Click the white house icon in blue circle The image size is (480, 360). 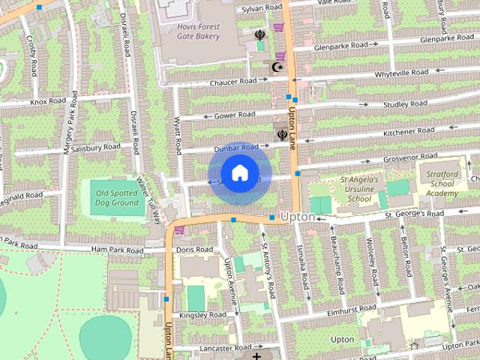[239, 173]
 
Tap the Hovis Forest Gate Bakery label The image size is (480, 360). [187, 31]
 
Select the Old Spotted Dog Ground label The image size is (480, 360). [117, 198]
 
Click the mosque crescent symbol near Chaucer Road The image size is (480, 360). [277, 67]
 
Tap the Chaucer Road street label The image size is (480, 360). [234, 82]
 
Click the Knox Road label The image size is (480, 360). [49, 101]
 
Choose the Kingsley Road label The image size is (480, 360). [203, 316]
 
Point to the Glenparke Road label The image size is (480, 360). [446, 38]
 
